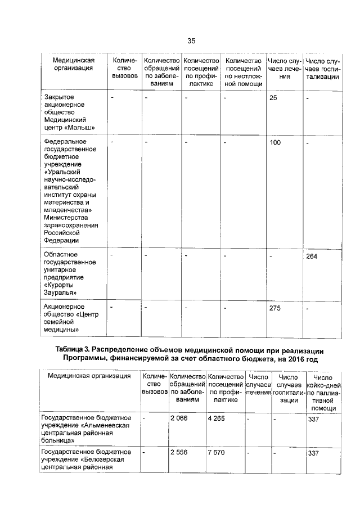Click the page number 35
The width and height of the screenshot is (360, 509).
coord(191,41)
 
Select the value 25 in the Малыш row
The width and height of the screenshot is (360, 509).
coord(273,98)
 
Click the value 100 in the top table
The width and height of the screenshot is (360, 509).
coord(275,143)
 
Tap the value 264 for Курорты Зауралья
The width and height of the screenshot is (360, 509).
coord(312,256)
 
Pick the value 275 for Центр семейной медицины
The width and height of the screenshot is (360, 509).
coord(275,308)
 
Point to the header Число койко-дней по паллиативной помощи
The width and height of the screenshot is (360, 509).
coord(323,393)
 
